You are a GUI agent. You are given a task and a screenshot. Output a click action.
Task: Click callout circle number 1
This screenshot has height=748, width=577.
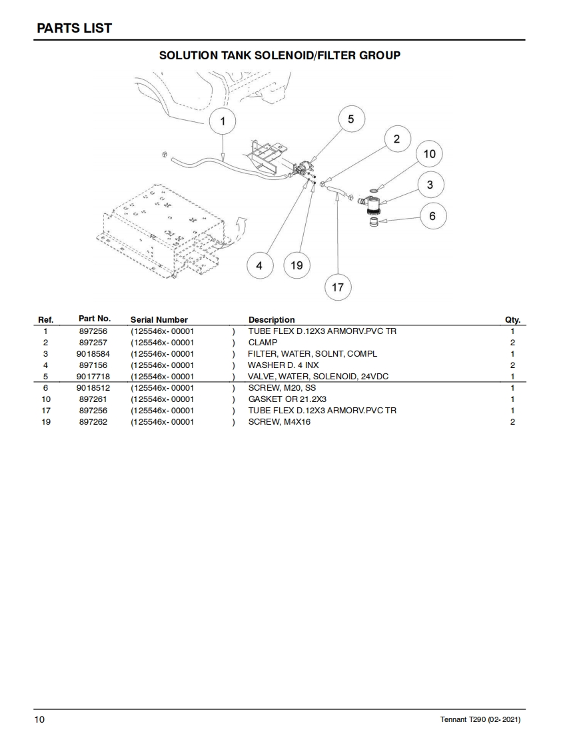[223, 121]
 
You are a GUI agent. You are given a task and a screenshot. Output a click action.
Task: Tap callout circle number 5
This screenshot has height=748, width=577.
[351, 119]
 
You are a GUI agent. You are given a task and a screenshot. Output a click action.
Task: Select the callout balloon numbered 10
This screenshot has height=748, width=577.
[429, 154]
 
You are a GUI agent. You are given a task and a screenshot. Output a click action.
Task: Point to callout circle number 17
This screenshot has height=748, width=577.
[338, 287]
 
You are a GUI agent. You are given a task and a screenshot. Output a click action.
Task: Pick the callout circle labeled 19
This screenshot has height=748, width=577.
[296, 265]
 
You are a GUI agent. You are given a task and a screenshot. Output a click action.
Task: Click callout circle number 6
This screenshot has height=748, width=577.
[432, 216]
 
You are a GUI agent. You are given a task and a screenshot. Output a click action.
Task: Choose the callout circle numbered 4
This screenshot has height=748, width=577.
[259, 265]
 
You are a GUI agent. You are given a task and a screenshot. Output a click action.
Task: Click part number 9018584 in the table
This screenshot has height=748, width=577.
[93, 354]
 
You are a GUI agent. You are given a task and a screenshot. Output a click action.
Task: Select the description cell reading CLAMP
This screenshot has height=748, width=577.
[263, 343]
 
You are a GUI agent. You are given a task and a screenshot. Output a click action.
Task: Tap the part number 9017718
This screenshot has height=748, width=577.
[93, 377]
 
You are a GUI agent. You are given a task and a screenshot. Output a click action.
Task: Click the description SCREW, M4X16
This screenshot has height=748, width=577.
[279, 422]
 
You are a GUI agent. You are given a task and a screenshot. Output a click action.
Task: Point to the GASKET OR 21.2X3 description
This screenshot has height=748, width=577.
[287, 399]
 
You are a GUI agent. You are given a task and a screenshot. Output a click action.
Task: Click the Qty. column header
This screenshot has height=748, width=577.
[512, 320]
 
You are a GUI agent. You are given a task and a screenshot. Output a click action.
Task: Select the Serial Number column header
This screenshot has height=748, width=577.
[159, 320]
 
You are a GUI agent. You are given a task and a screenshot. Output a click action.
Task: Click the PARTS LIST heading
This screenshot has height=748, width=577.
[74, 28]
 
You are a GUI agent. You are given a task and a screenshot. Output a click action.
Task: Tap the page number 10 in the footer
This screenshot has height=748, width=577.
[40, 719]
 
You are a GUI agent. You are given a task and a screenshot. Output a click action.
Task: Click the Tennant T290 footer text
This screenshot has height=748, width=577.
[480, 720]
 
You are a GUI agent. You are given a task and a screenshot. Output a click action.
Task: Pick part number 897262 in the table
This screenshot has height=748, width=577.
[93, 422]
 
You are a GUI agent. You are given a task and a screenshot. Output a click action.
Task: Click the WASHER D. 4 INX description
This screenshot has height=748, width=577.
[283, 365]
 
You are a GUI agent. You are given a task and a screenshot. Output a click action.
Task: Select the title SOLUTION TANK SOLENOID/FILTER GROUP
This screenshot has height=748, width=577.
[280, 55]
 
